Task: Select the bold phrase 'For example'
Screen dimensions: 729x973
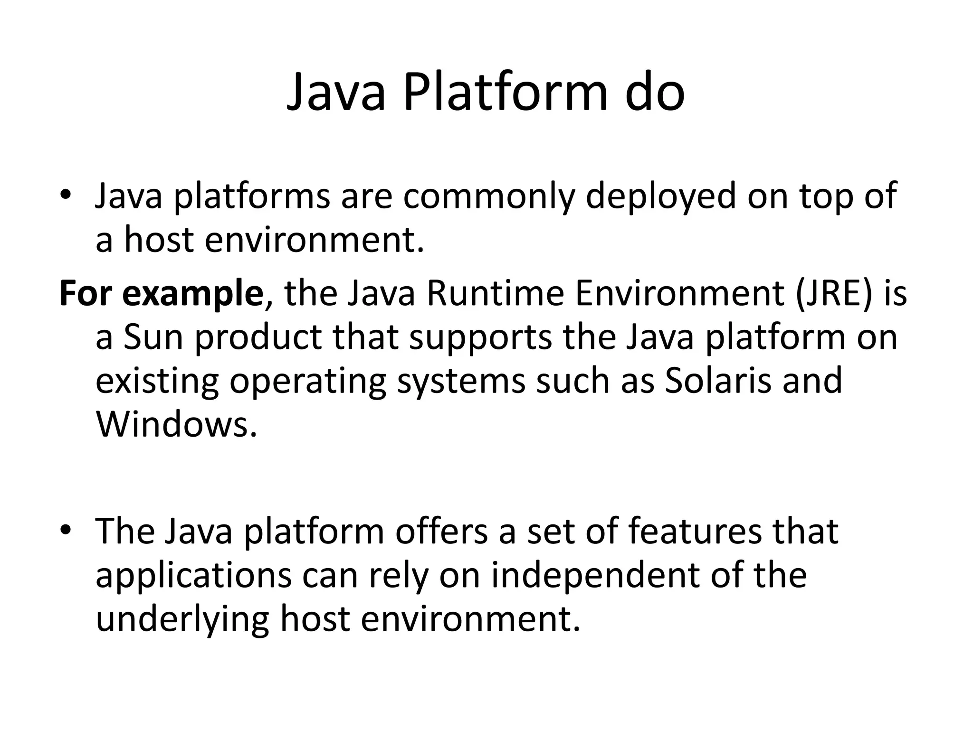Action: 162,294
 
